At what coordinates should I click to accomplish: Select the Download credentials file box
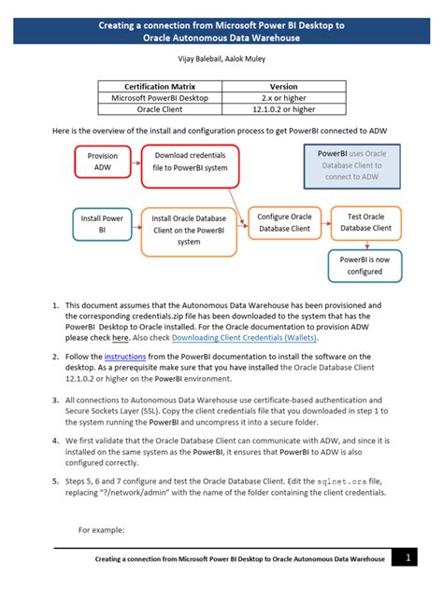click(x=191, y=162)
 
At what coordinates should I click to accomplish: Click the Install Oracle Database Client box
click(x=190, y=230)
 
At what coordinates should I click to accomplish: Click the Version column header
click(x=284, y=86)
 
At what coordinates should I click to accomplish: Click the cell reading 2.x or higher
click(x=284, y=98)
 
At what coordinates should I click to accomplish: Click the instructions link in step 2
click(x=123, y=357)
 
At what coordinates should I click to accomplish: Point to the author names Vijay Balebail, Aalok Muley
click(x=221, y=59)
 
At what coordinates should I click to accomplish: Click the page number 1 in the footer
click(x=408, y=558)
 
